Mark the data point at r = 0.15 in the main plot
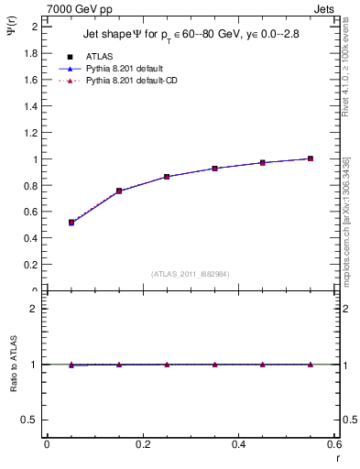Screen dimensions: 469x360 coord(119,191)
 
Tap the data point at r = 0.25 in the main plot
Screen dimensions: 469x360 coord(167,177)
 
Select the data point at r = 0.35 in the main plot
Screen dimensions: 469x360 coord(214,169)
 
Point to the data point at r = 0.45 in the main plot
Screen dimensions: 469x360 coord(262,162)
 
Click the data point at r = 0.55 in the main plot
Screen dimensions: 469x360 coord(311,158)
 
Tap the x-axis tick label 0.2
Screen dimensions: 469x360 coord(142,444)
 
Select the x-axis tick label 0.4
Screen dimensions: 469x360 coord(238,444)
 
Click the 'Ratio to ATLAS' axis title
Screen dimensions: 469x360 coord(12,365)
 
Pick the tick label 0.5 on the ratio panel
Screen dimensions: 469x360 coord(30,420)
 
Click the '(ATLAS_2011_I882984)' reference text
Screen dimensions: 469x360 coord(191,274)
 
